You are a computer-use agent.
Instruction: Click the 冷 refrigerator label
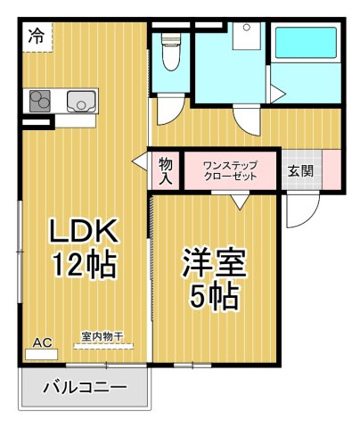tap(36, 37)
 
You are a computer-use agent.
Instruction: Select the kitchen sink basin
tap(81, 102)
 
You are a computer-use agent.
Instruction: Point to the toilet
tap(169, 50)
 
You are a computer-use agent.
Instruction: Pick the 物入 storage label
tap(166, 169)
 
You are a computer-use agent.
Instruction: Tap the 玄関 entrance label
tap(299, 169)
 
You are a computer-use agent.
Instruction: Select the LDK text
tap(83, 232)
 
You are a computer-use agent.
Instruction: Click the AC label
tap(41, 342)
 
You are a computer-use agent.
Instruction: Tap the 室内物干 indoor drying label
tap(102, 337)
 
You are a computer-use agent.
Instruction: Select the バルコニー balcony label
tap(85, 388)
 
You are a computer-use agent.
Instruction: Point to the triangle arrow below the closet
tap(240, 202)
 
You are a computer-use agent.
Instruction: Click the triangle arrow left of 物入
tap(140, 161)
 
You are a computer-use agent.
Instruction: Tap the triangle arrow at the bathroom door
tap(277, 92)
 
